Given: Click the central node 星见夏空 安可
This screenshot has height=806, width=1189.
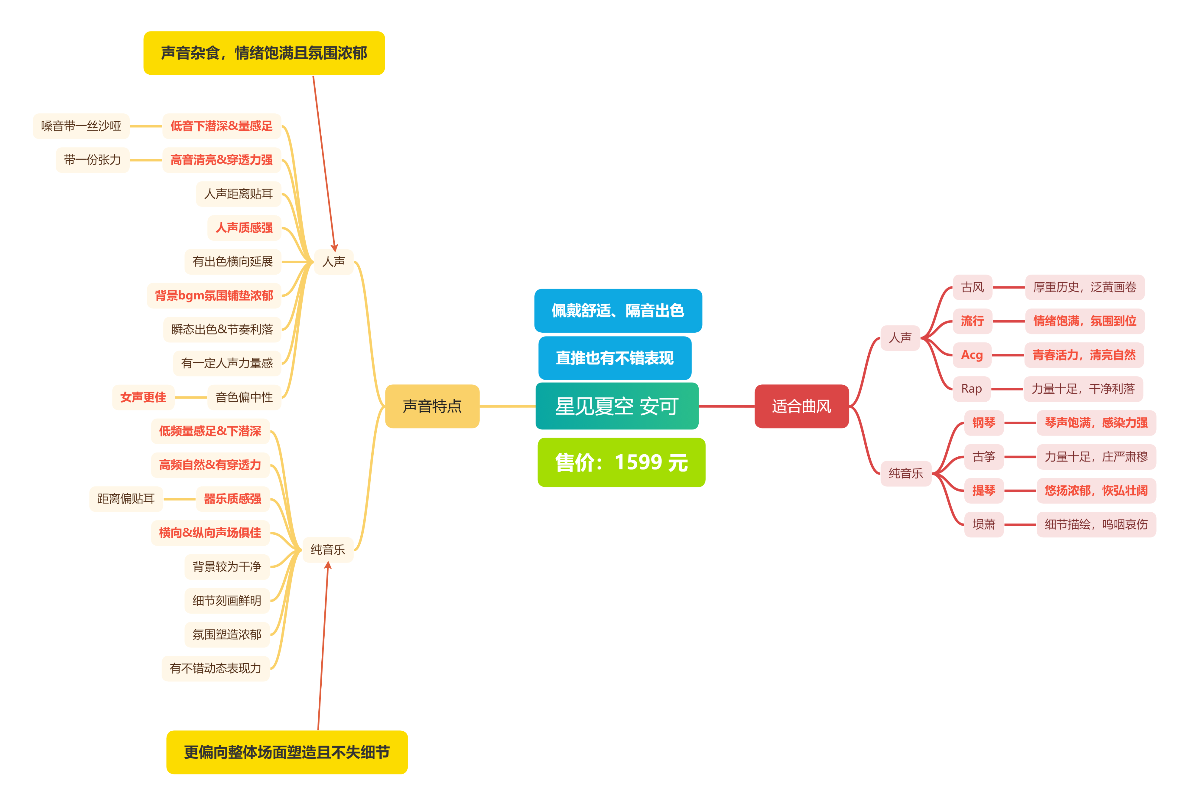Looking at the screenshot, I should pyautogui.click(x=616, y=406).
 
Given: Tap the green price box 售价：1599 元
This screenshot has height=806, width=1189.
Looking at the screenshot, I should pyautogui.click(x=621, y=463).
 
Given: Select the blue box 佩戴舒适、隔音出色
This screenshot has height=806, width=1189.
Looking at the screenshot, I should pyautogui.click(x=618, y=311).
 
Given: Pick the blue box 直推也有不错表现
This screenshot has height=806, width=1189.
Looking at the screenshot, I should pyautogui.click(x=615, y=358).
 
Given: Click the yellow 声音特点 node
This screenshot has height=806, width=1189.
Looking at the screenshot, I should pyautogui.click(x=432, y=406).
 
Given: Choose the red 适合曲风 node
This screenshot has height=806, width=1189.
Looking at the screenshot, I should pyautogui.click(x=801, y=406).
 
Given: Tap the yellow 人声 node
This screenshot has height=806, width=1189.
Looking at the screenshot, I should pyautogui.click(x=333, y=262).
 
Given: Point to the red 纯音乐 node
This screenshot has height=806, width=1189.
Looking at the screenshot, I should pyautogui.click(x=905, y=473).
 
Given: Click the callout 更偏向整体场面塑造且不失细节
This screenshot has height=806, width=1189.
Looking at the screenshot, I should pyautogui.click(x=287, y=752).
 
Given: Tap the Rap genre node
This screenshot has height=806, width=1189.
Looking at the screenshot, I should pyautogui.click(x=971, y=389).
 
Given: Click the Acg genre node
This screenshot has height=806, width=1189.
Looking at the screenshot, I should pyautogui.click(x=972, y=355).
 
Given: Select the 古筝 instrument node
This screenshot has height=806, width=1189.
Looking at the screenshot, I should pyautogui.click(x=983, y=456).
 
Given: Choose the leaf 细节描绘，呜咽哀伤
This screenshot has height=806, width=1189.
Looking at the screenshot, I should pyautogui.click(x=1096, y=524).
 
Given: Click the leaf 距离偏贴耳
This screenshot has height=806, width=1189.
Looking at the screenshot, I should pyautogui.click(x=126, y=499).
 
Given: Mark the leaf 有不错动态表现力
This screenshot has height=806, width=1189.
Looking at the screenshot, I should pyautogui.click(x=215, y=668).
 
